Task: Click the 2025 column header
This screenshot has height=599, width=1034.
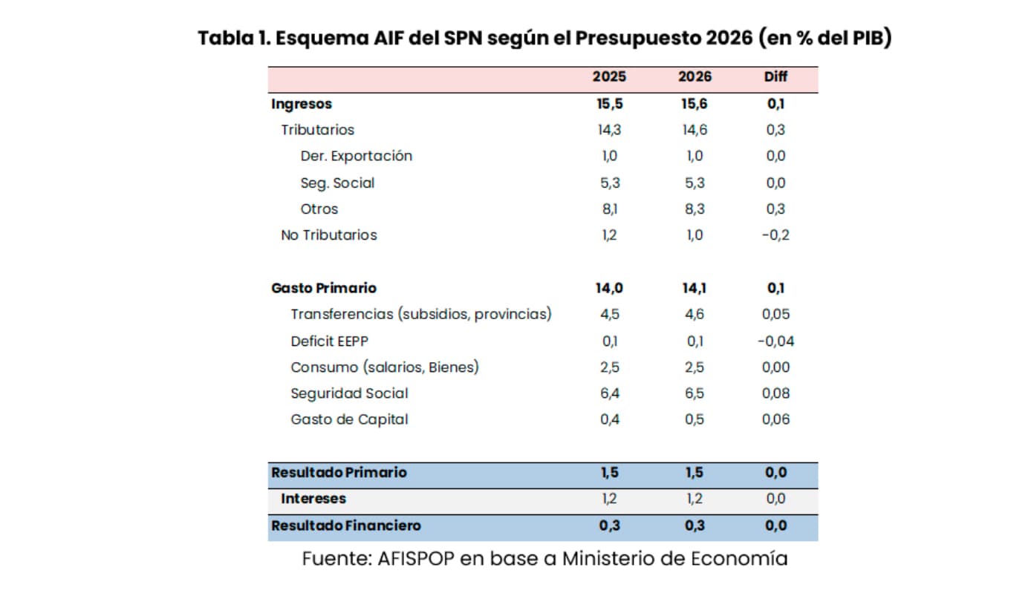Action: point(608,77)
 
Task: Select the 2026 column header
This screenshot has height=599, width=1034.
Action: point(695,77)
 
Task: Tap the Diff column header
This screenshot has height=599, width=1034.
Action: point(775,77)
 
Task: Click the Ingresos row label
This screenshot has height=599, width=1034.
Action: point(302,104)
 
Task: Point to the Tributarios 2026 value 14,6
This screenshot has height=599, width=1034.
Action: point(695,130)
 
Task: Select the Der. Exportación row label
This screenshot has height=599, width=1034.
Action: point(356,156)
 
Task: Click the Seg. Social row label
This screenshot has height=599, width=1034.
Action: point(337,183)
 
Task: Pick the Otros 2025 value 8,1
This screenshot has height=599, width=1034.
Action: point(608,209)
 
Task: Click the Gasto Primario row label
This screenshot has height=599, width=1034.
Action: point(324,288)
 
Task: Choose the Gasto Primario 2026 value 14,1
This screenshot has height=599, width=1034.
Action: point(695,288)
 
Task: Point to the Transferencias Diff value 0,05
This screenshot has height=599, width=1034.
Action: point(775,315)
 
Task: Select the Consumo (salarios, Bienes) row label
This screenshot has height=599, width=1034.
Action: point(385,367)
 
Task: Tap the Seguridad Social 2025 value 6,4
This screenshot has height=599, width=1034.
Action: point(608,393)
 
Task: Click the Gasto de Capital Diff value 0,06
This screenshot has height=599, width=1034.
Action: point(775,420)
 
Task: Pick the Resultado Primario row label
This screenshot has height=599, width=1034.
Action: point(339,473)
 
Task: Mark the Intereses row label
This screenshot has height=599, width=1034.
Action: point(313,499)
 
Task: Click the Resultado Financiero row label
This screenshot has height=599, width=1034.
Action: point(346,526)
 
